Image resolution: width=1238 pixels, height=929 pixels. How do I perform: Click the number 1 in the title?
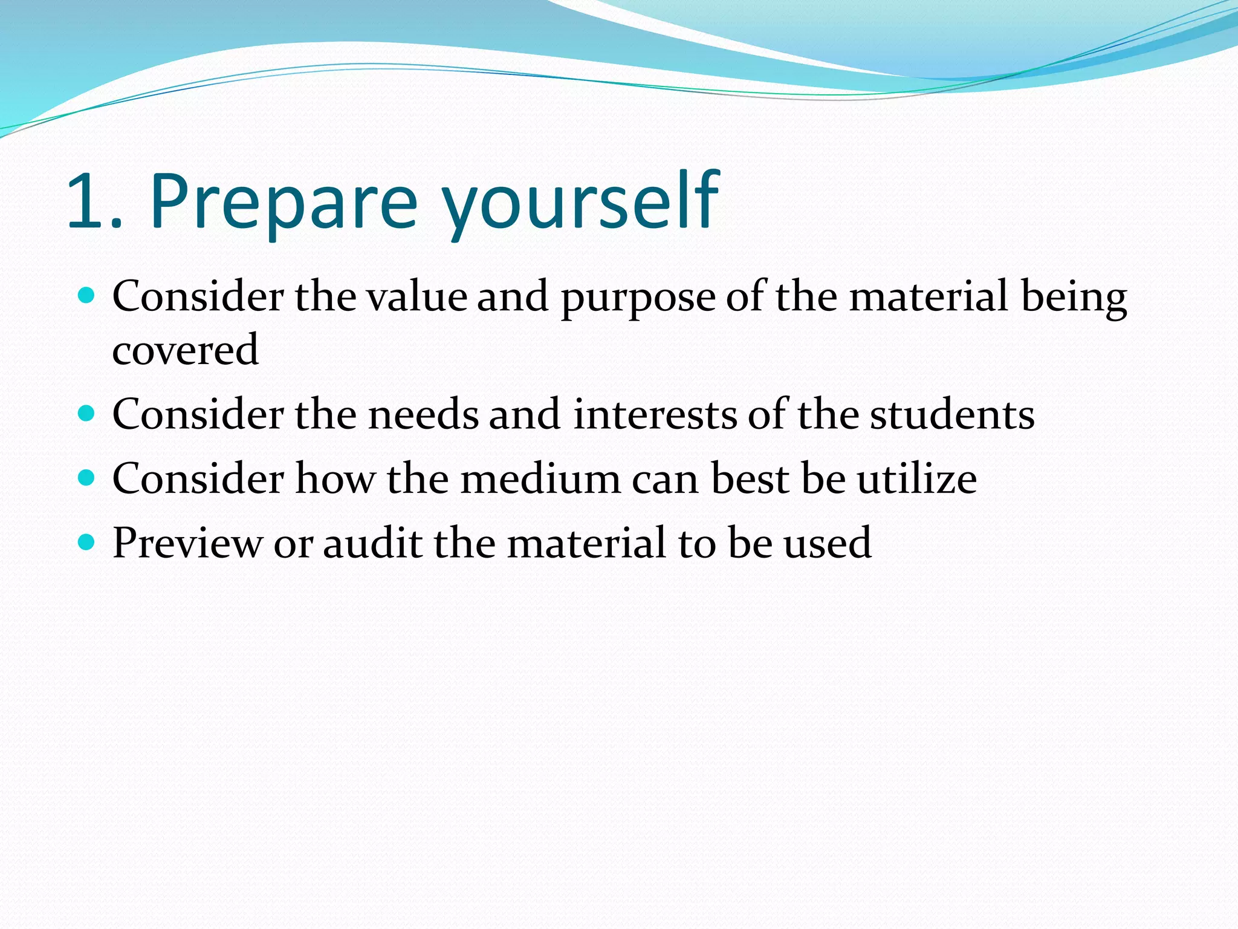point(88,201)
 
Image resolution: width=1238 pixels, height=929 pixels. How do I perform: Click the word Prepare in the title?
point(284,201)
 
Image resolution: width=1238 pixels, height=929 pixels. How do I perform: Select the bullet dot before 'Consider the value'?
point(87,296)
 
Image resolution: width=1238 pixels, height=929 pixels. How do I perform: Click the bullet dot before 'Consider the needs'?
point(87,414)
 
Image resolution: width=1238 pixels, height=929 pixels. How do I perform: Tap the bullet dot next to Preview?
point(87,542)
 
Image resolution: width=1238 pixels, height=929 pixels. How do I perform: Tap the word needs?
point(423,415)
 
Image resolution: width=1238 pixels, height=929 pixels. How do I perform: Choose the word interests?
point(655,415)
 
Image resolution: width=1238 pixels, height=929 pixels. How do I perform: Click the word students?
point(952,415)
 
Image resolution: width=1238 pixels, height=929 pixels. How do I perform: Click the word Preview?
point(187,543)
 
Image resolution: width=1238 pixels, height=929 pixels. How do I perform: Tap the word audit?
point(372,543)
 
